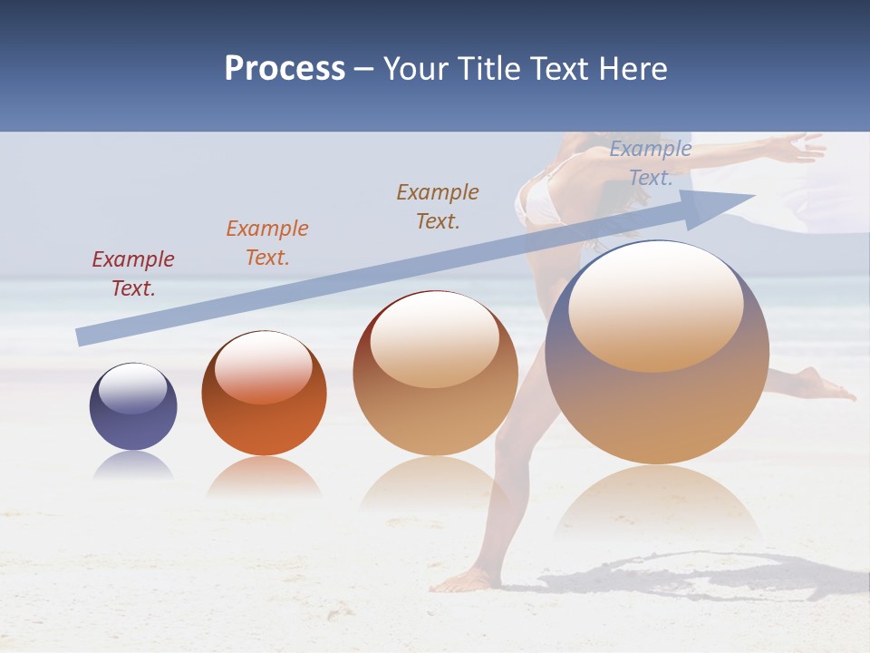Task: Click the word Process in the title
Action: pos(285,69)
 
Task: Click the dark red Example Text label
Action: pos(133,274)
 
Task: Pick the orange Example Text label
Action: pos(267,243)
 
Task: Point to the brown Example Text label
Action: pos(438,207)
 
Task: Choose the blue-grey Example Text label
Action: pos(651,163)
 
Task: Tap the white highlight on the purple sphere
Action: pos(132,388)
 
